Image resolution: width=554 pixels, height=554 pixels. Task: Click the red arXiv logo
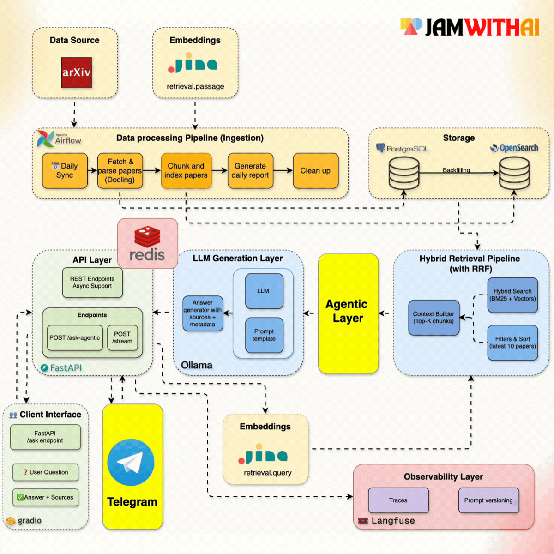tap(77, 72)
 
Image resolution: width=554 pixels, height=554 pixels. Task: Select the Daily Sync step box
tap(65, 171)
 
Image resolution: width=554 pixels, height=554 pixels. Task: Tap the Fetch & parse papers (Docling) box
tap(120, 171)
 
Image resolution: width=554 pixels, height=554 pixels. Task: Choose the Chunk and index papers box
tap(186, 171)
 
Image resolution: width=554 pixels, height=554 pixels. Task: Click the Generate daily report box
tap(250, 171)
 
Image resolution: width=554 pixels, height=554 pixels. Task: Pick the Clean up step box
tap(315, 171)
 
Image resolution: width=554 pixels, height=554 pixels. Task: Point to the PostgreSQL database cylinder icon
tap(404, 173)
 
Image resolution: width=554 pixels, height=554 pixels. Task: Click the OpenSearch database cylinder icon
tap(514, 173)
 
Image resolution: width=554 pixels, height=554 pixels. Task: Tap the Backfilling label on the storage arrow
tap(456, 170)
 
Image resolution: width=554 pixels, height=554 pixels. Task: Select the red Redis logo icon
tap(147, 237)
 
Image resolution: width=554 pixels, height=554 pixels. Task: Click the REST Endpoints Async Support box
tap(92, 283)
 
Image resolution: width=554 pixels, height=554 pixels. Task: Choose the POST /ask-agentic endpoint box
tap(75, 338)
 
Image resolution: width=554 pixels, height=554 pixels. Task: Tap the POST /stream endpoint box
tap(122, 338)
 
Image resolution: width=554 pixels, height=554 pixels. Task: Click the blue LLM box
tap(264, 291)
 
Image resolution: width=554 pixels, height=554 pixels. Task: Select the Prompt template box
tap(264, 335)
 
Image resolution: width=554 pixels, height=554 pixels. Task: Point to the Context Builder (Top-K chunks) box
tap(434, 318)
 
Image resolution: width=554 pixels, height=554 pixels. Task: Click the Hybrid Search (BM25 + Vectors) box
tap(512, 295)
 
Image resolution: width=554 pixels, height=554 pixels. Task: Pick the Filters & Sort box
tap(512, 343)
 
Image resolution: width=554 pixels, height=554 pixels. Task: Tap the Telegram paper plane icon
tap(131, 462)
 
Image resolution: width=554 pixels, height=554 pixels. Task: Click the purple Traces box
tap(398, 500)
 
